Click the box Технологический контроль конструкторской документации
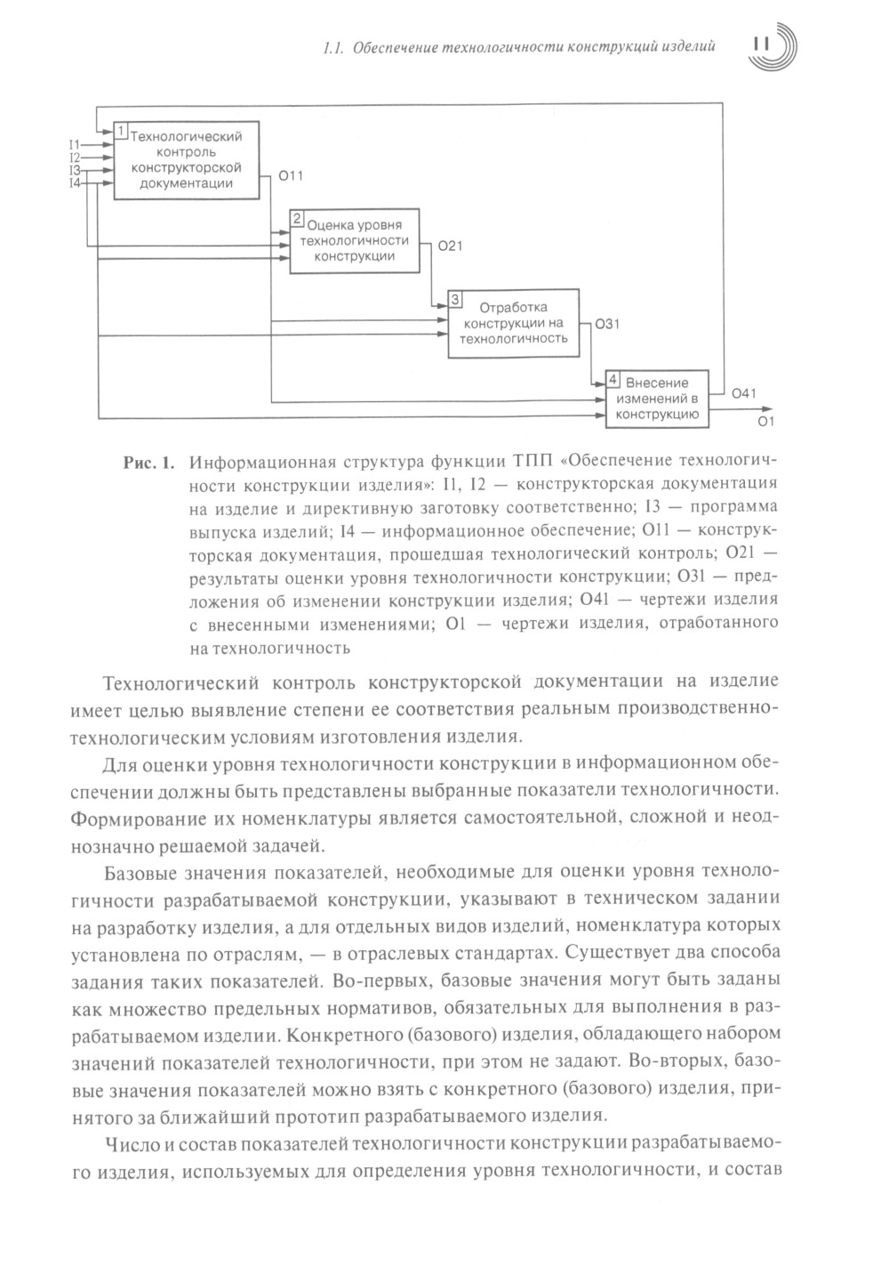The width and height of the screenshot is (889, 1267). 186,160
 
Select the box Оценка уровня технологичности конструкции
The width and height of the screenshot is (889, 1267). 354,240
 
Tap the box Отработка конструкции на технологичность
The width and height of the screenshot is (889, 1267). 513,323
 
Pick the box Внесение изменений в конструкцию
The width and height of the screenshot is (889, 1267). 658,399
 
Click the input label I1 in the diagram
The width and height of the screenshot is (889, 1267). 75,144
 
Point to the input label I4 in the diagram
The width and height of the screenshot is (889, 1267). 75,182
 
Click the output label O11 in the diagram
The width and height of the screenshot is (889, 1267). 291,176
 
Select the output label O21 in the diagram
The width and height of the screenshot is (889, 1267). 450,246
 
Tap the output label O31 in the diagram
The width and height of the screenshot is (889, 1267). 607,325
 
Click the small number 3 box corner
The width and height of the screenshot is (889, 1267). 455,298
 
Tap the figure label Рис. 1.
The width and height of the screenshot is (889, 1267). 148,464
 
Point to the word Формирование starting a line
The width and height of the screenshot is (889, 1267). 127,815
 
